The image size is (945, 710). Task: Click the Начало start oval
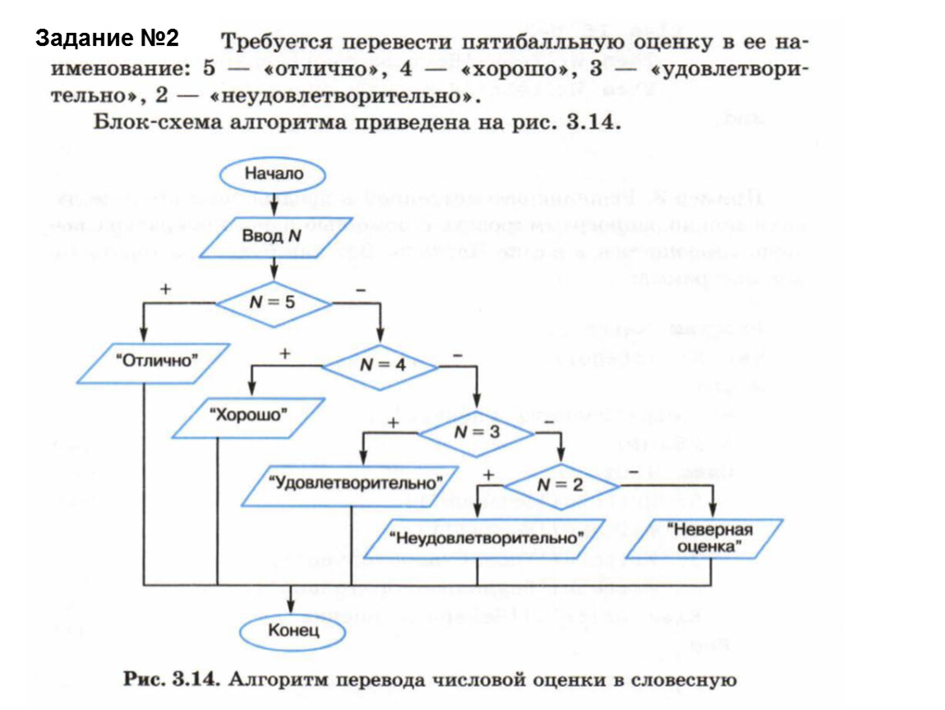(274, 174)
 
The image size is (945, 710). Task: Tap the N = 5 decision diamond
(274, 301)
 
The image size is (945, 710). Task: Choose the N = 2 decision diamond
(560, 485)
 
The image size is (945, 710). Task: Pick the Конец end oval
(291, 631)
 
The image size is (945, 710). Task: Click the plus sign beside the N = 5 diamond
(166, 289)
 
